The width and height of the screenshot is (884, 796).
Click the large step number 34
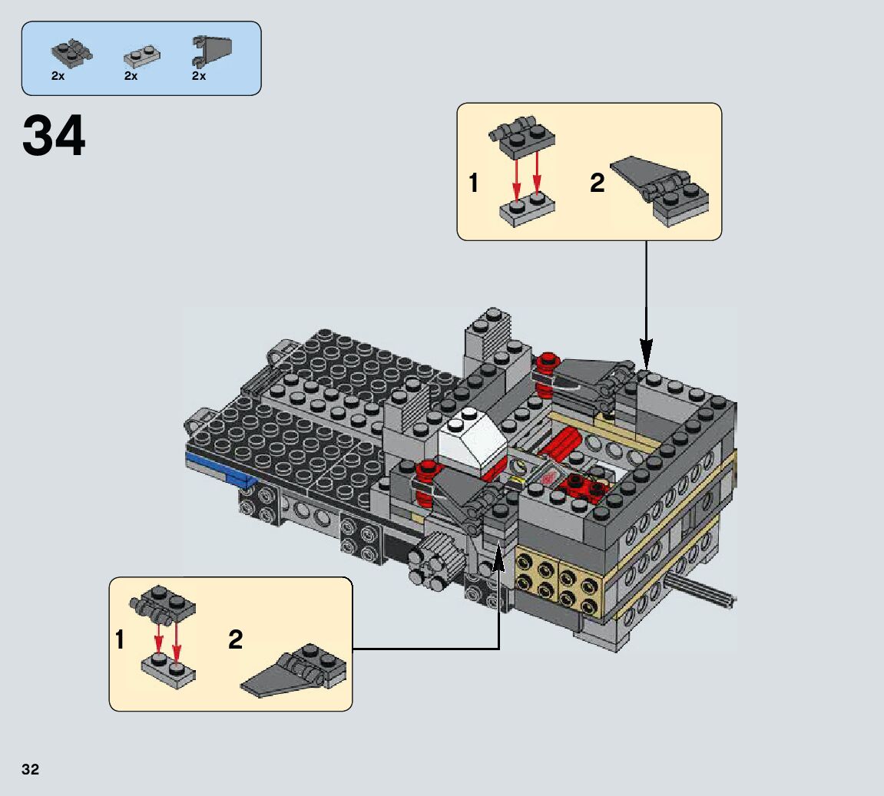point(54,137)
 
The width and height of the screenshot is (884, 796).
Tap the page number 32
point(30,769)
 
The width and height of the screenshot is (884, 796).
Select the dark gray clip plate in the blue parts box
point(71,52)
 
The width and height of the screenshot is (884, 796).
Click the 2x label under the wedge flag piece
point(199,76)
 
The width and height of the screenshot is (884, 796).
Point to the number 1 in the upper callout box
point(474,183)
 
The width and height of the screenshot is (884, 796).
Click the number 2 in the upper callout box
point(597,183)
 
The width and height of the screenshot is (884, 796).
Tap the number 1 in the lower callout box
point(120,639)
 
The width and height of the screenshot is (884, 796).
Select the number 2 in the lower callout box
point(235,639)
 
